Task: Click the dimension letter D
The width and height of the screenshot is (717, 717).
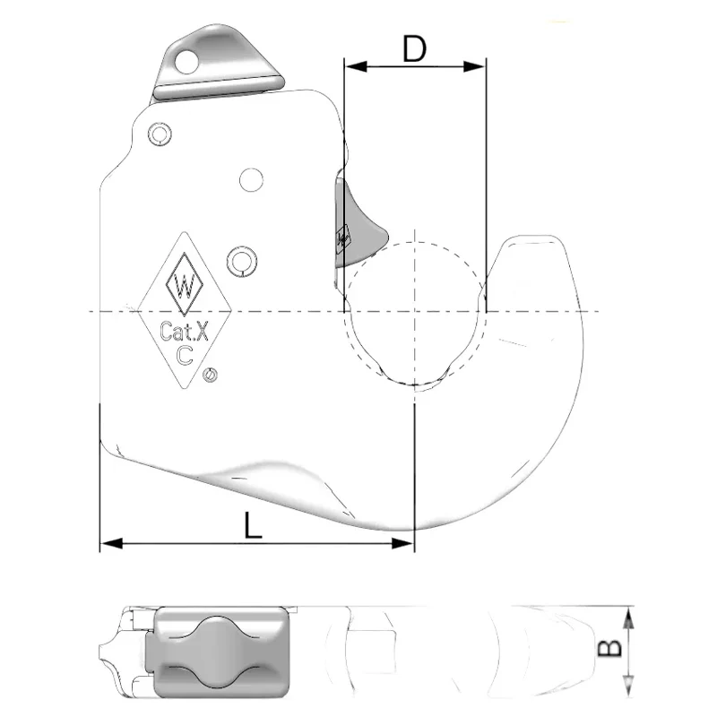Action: tap(414, 49)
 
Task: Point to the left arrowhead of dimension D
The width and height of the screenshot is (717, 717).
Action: tap(352, 65)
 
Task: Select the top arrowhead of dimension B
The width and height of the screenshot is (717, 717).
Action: tap(629, 614)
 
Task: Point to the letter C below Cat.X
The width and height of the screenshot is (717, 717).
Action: tap(186, 355)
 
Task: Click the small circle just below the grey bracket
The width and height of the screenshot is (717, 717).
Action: tap(160, 134)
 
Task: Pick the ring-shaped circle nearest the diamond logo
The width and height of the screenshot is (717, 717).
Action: tap(239, 260)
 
